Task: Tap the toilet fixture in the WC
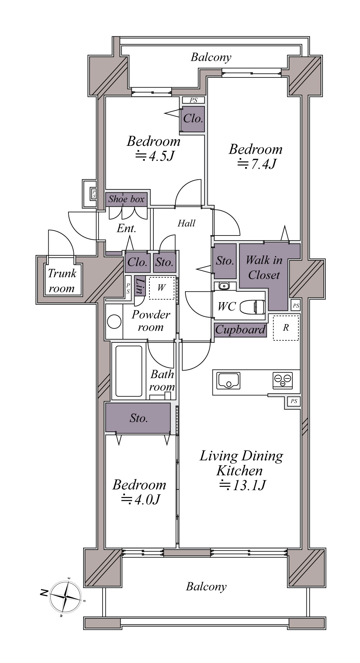252,307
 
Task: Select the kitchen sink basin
228,380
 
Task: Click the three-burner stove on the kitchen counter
283,381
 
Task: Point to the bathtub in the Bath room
129,371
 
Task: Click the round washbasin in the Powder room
114,322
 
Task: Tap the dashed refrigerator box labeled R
286,328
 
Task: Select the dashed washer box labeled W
161,288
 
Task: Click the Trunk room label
62,281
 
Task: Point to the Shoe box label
126,199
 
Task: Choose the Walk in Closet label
264,268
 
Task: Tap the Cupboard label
240,330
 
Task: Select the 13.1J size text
242,485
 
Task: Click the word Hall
186,223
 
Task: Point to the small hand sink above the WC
224,286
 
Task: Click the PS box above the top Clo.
193,100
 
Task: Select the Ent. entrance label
126,229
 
